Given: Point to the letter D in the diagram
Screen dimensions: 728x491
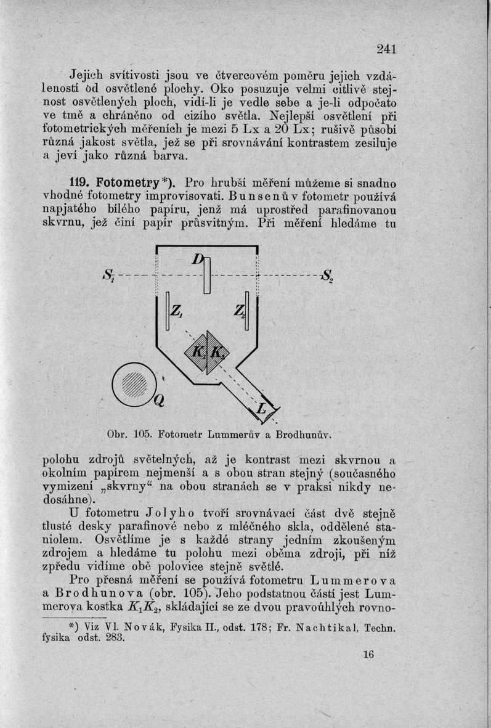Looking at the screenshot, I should (197, 260).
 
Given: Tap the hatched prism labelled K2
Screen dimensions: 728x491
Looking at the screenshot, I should (216, 353).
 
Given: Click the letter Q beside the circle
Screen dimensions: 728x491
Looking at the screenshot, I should (159, 401).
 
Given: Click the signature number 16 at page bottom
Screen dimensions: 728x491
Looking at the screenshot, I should (368, 655).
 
